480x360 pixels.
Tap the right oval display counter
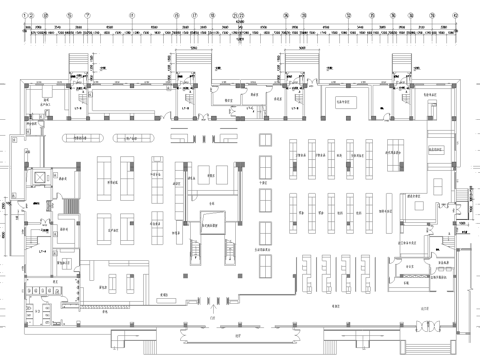point(136,136)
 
